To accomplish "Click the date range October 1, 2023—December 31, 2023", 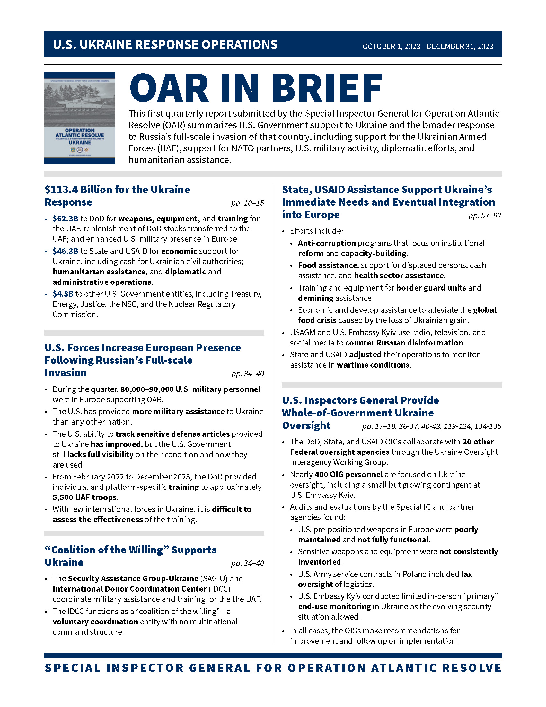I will pyautogui.click(x=427, y=46).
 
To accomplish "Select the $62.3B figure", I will pyautogui.click(x=65, y=219).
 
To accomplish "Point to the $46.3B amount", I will pyautogui.click(x=65, y=251).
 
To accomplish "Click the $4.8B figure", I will pyautogui.click(x=63, y=294).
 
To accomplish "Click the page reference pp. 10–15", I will pyautogui.click(x=247, y=203).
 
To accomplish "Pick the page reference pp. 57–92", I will pyautogui.click(x=485, y=215).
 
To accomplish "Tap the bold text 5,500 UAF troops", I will pyautogui.click(x=85, y=497).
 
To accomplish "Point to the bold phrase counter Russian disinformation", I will pyautogui.click(x=404, y=343).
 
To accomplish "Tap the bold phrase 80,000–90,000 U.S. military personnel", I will pyautogui.click(x=190, y=389).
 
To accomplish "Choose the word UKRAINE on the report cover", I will pyautogui.click(x=80, y=142).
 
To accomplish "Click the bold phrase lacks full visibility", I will pyautogui.click(x=100, y=454).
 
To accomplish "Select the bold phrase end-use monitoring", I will pyautogui.click(x=334, y=606).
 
